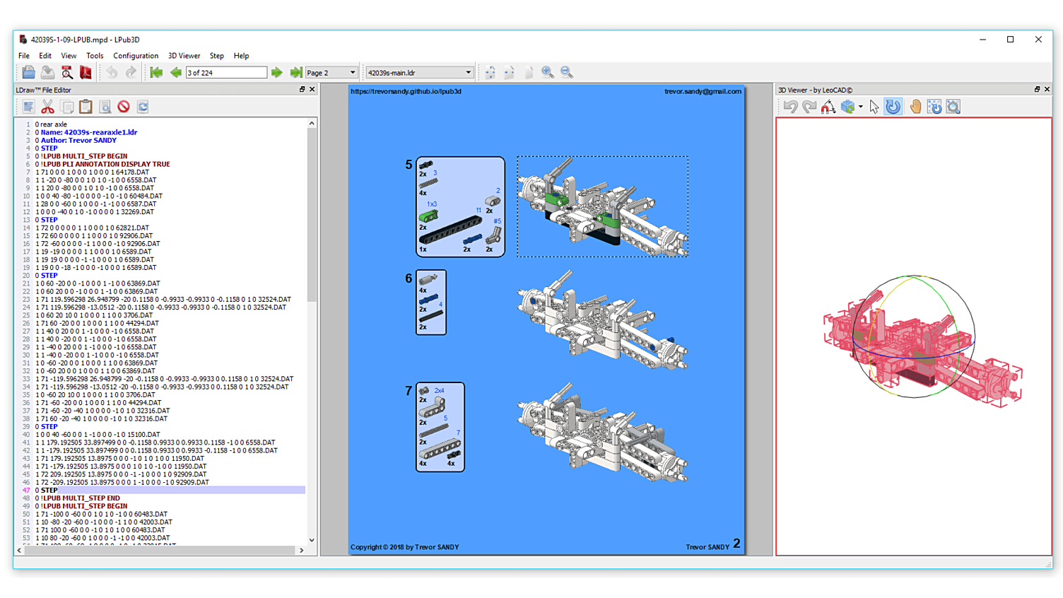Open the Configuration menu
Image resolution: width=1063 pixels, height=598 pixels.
coord(136,56)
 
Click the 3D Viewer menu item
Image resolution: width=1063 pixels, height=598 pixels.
coord(184,56)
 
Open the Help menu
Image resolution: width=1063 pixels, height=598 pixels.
coord(241,56)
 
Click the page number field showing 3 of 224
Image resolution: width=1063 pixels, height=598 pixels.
coord(226,73)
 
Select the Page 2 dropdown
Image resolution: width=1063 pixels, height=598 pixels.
coord(331,73)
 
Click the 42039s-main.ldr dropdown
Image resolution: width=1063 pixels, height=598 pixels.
coord(419,73)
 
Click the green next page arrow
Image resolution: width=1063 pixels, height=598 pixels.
coord(277,73)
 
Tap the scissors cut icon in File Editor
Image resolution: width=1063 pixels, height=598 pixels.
coord(47,107)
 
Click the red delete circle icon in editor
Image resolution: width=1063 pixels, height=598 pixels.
coord(124,107)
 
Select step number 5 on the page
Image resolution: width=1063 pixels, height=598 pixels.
coord(409,165)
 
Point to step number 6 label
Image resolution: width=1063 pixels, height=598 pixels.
coord(409,279)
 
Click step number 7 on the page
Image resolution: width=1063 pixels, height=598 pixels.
coord(409,391)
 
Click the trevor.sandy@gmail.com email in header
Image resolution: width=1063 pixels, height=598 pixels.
coord(703,91)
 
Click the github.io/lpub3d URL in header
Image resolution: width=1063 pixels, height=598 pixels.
coord(406,91)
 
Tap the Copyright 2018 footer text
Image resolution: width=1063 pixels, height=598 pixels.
coord(405,547)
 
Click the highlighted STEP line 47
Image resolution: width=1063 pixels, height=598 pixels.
coord(49,490)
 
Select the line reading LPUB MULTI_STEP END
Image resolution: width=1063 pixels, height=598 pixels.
coord(81,498)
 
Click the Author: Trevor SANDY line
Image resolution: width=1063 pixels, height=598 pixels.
coord(78,140)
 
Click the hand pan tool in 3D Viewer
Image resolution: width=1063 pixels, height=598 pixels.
coord(915,107)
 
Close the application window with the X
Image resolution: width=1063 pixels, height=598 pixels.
coord(1038,40)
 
